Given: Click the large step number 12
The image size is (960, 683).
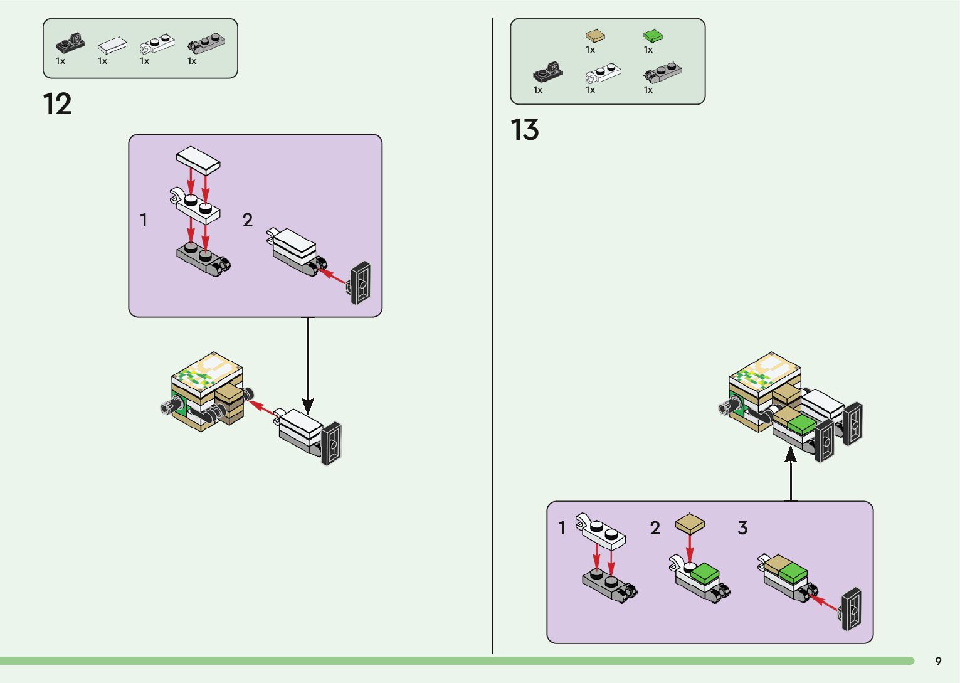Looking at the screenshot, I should (x=57, y=104).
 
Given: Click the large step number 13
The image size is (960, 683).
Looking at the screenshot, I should (x=525, y=130).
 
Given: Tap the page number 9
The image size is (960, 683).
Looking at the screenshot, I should (x=938, y=661).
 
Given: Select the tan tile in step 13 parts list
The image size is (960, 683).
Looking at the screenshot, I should (x=595, y=35).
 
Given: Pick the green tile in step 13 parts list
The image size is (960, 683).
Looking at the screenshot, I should (x=653, y=35).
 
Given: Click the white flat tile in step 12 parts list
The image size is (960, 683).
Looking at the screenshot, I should (x=112, y=45).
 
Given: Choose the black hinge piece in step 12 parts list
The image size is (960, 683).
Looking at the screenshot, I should (x=70, y=43).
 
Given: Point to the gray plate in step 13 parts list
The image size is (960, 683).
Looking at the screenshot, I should (x=663, y=73).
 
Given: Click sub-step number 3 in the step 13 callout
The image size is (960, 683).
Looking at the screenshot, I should (x=742, y=528).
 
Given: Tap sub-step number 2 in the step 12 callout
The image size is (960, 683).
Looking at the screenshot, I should (x=248, y=220).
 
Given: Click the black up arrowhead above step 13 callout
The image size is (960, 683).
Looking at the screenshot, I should (x=791, y=453).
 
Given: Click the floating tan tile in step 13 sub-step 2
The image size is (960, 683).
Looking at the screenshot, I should (x=690, y=524).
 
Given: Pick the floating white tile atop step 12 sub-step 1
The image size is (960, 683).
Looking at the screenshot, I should (x=198, y=160).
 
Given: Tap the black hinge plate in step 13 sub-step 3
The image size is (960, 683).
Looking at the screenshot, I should (x=852, y=609).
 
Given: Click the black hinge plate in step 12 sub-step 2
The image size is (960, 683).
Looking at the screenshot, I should (x=361, y=283).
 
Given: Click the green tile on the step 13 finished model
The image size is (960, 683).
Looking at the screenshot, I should (x=801, y=425).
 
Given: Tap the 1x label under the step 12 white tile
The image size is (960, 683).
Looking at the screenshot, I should (x=102, y=61).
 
